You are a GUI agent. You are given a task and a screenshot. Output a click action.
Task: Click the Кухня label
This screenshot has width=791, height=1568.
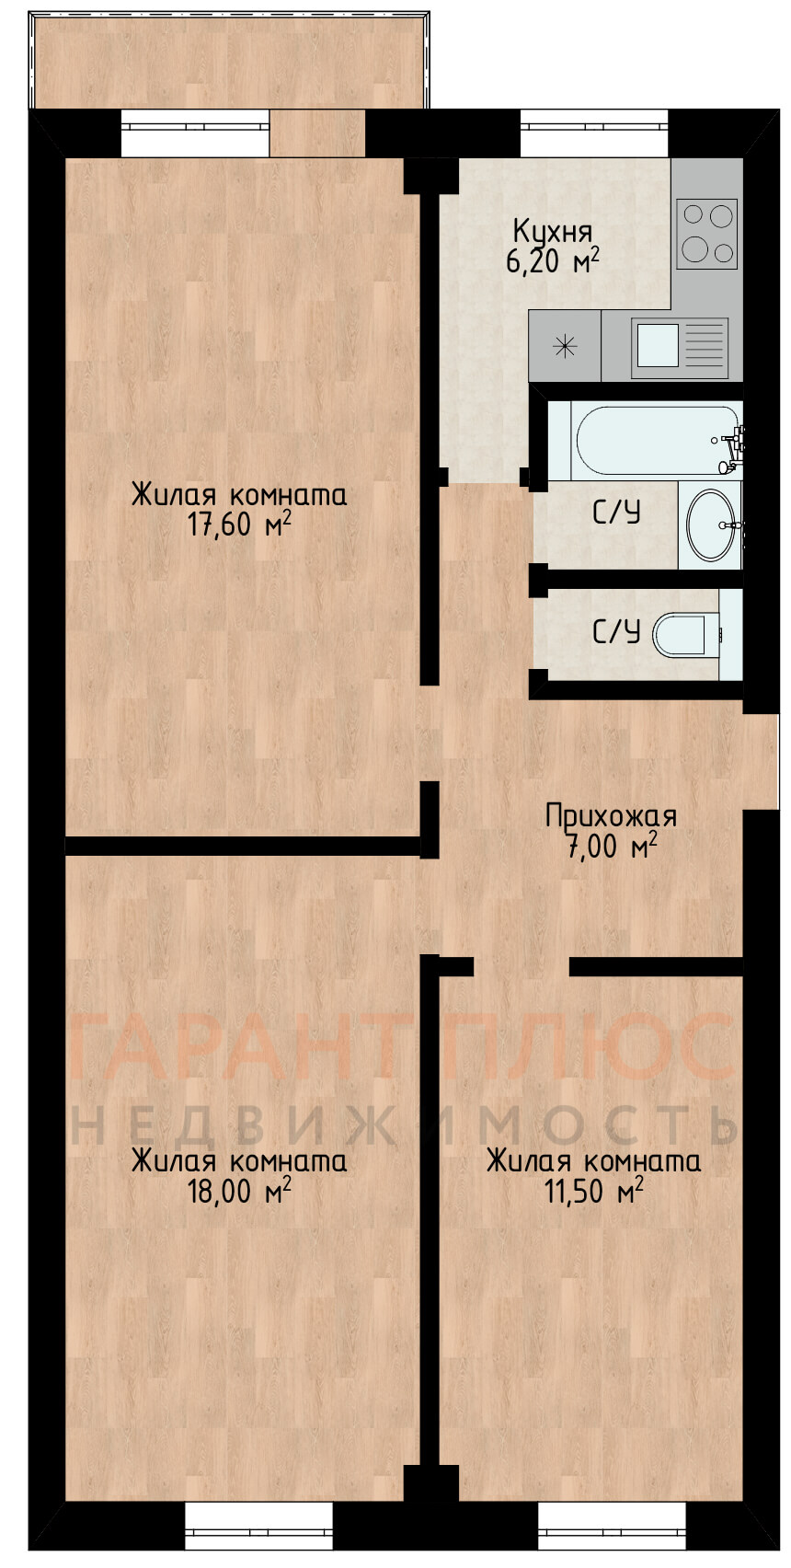(x=553, y=232)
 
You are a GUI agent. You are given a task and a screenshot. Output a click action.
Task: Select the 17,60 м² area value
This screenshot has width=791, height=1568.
(x=239, y=525)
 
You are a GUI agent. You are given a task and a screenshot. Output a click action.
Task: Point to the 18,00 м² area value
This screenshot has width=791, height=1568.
(x=239, y=1191)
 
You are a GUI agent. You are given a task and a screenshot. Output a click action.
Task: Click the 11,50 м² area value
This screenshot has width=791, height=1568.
(x=594, y=1191)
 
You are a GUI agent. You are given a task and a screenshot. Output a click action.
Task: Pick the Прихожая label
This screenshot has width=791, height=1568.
(x=611, y=817)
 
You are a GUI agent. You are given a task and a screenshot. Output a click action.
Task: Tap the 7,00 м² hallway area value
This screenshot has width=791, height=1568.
(x=611, y=847)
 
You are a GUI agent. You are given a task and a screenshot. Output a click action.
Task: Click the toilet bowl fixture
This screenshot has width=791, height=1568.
(x=686, y=634)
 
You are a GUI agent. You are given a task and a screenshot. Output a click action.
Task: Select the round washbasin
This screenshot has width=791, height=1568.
(x=712, y=524)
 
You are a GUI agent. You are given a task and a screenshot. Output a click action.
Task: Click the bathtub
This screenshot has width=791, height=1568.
(x=656, y=440)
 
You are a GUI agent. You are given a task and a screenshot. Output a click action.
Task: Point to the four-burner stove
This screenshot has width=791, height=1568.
(x=706, y=234)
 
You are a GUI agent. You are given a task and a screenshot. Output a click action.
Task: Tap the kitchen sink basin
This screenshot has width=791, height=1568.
(x=658, y=345)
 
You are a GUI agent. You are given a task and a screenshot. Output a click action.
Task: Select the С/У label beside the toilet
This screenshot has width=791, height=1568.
(x=616, y=633)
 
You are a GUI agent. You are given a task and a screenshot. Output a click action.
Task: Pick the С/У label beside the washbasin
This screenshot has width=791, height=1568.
(x=616, y=513)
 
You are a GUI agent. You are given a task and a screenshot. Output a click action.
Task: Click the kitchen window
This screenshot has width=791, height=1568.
(x=594, y=133)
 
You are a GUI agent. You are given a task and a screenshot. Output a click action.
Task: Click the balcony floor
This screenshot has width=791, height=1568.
(x=228, y=62)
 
